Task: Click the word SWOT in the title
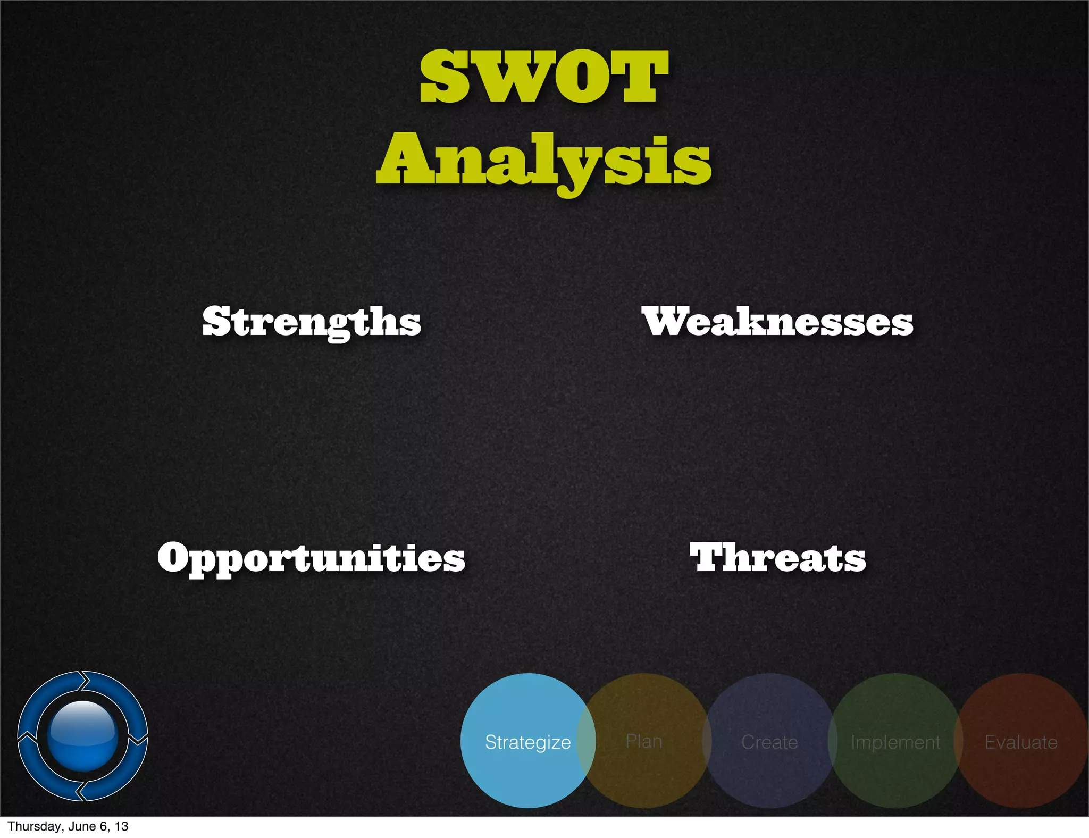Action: click(543, 77)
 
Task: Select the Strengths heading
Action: click(312, 322)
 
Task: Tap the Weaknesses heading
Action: click(777, 322)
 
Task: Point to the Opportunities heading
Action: click(312, 558)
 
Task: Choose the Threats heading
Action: click(778, 558)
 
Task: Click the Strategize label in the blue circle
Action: click(527, 742)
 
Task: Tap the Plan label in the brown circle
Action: click(644, 741)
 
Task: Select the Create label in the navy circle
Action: click(769, 742)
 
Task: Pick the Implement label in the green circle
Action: click(895, 742)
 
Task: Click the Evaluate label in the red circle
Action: click(1021, 742)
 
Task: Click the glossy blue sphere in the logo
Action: click(82, 735)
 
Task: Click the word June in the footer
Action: click(82, 826)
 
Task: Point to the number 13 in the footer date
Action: click(122, 826)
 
